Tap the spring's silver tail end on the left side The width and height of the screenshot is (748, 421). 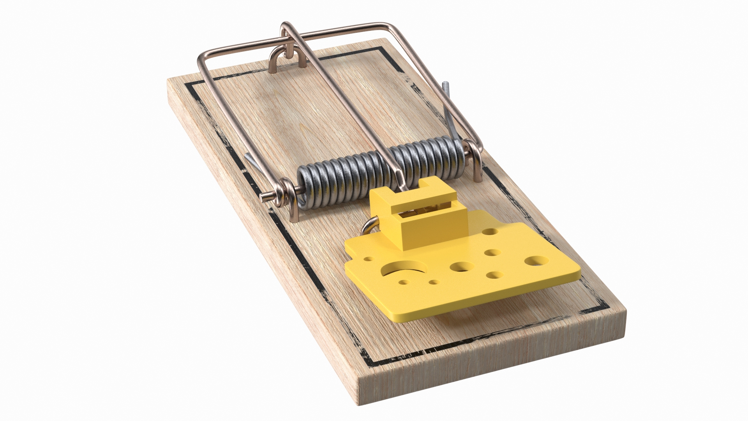point(249,160)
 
